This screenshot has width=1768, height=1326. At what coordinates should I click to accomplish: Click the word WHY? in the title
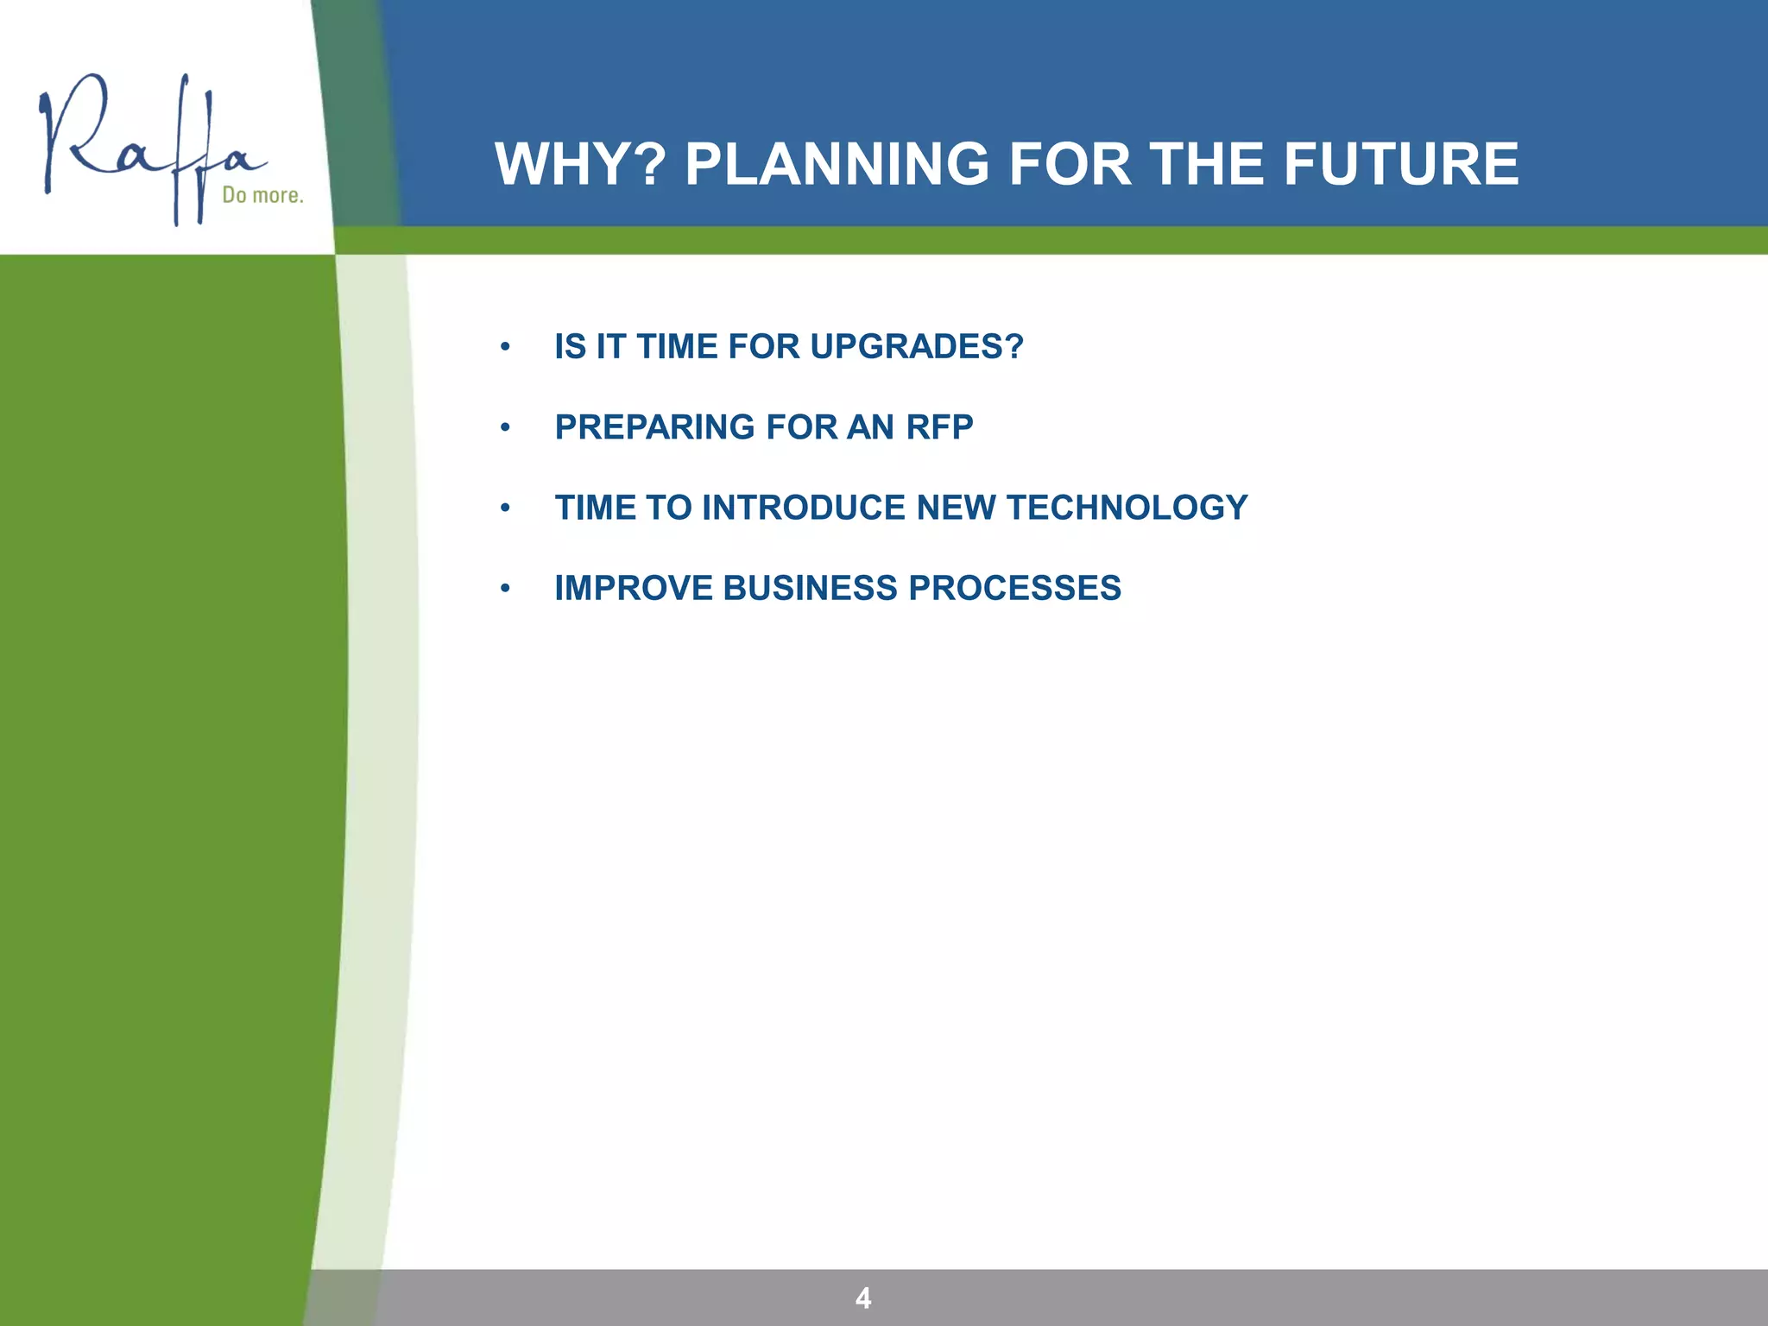[x=580, y=164]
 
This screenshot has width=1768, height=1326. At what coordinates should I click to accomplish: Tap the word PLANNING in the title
[x=837, y=164]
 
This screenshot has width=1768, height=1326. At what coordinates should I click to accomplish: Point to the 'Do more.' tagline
[x=262, y=195]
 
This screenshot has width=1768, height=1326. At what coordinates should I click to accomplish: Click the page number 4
[x=862, y=1298]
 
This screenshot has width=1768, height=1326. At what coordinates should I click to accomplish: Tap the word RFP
[x=939, y=427]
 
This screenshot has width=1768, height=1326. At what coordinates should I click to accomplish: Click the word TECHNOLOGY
[x=1127, y=508]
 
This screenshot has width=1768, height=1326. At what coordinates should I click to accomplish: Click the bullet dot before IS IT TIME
[x=505, y=348]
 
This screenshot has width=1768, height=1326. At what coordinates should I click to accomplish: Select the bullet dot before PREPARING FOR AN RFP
[x=505, y=428]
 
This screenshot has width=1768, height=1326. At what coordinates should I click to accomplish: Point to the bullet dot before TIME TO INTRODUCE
[x=505, y=508]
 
